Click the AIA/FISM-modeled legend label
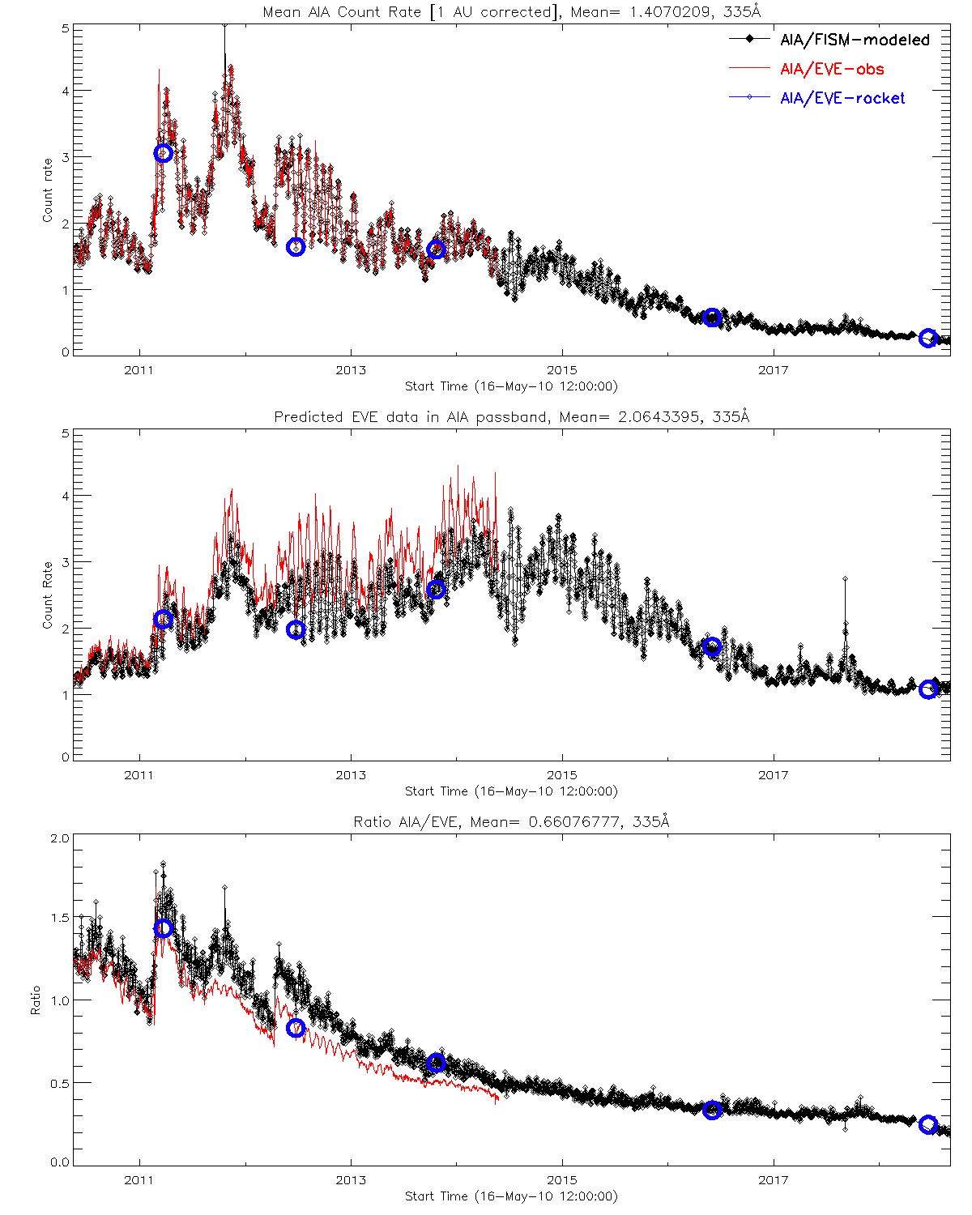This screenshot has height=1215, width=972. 855,40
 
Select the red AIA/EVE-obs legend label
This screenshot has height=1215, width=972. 832,69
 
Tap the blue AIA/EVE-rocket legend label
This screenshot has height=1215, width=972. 842,98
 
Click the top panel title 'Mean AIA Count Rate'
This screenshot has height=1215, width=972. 512,12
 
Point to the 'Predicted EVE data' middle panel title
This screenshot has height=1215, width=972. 512,417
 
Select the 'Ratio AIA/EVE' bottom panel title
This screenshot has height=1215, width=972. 512,822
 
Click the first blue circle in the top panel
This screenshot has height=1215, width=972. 163,153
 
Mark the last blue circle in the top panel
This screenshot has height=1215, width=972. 928,338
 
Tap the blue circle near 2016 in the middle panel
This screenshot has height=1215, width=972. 713,646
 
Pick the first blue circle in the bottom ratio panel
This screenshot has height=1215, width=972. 164,928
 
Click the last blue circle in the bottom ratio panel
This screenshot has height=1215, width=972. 928,1124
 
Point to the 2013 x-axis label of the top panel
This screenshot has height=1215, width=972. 351,370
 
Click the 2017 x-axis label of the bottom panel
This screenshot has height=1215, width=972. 774,1180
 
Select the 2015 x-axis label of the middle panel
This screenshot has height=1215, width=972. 562,775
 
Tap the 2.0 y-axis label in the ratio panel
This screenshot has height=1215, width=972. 60,838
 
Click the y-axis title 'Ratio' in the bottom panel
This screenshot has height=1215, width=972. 36,1000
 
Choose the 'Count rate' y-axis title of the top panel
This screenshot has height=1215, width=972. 47,190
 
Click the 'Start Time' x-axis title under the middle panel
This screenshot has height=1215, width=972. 511,791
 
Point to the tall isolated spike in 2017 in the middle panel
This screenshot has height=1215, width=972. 845,580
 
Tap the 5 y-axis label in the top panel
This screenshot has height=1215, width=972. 65,28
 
